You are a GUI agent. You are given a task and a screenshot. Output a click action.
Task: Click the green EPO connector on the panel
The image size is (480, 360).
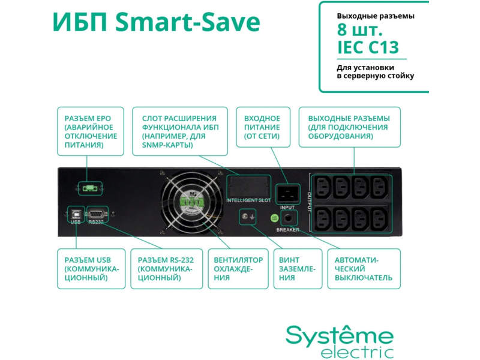[x=90, y=188]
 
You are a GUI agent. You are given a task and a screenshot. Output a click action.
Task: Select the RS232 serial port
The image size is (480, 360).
[x=97, y=213]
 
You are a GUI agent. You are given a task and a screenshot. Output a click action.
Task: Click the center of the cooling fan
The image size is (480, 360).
[x=192, y=202]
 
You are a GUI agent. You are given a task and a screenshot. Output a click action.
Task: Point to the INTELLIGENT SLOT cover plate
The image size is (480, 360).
[x=248, y=187]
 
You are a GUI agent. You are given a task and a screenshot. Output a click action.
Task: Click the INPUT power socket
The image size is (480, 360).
[x=287, y=194]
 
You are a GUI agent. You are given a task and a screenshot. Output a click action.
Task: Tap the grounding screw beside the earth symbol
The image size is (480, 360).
[x=245, y=217]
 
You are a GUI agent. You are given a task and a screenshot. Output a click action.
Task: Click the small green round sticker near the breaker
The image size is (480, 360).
[x=275, y=218]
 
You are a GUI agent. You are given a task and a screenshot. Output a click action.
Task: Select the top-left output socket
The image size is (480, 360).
[x=323, y=187]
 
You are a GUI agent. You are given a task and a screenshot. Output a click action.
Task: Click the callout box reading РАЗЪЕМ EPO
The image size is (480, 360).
[x=91, y=131]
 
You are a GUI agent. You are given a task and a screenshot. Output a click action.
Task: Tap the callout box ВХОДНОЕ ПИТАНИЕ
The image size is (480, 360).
[x=263, y=127]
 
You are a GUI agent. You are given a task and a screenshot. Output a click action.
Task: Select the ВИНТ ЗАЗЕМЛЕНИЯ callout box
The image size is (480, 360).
[x=298, y=269]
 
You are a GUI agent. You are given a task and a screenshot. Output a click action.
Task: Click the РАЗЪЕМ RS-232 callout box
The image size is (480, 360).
[x=167, y=269]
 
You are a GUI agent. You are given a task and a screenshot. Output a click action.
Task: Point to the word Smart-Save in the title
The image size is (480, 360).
[x=188, y=22]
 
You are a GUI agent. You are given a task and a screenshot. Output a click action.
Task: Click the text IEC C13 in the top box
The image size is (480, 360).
[x=368, y=47]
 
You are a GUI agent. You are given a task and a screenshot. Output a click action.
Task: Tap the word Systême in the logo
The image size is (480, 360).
[x=340, y=335]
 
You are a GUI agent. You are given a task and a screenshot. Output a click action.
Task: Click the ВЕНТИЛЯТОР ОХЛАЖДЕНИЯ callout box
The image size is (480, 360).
[x=238, y=269]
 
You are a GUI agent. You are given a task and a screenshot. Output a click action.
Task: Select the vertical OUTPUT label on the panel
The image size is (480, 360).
[x=309, y=202]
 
